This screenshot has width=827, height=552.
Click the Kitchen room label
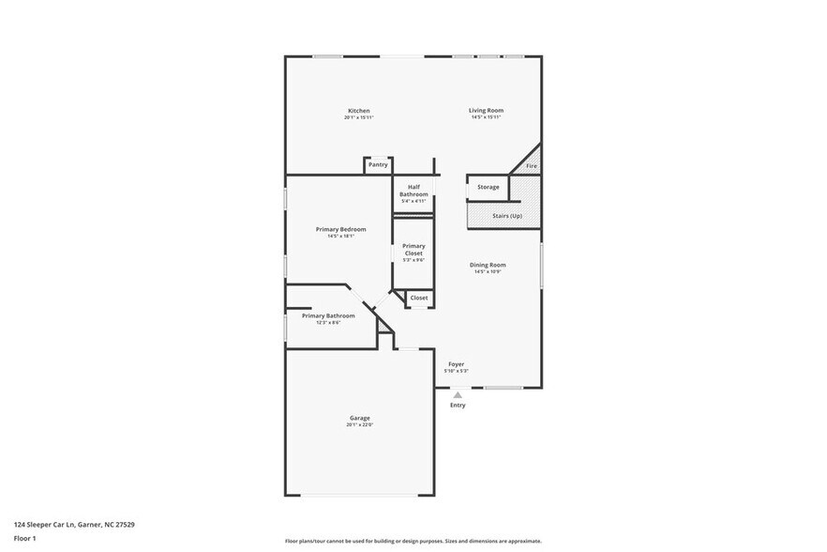tap(359, 111)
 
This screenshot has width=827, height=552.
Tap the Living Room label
tap(486, 111)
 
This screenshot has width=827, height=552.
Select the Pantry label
tap(378, 164)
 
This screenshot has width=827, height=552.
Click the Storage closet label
tap(488, 187)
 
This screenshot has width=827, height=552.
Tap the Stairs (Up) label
tap(507, 216)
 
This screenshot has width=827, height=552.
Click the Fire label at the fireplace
tap(531, 166)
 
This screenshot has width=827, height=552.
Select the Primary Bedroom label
tap(340, 229)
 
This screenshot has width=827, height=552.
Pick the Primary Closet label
tap(413, 249)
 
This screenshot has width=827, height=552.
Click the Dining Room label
tap(488, 265)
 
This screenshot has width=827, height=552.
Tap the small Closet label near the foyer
tap(418, 298)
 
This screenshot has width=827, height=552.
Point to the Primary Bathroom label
tap(328, 315)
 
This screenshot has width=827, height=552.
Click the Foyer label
tap(456, 364)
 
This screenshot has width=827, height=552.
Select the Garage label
tap(360, 418)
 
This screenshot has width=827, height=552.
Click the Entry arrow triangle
tap(458, 395)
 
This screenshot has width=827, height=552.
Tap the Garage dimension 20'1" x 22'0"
tap(360, 425)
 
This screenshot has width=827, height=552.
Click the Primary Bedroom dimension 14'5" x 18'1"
tap(340, 237)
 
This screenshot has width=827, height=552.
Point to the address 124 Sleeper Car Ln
tap(74, 525)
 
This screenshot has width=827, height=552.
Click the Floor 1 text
tap(24, 538)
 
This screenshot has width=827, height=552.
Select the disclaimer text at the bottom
tap(413, 541)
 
